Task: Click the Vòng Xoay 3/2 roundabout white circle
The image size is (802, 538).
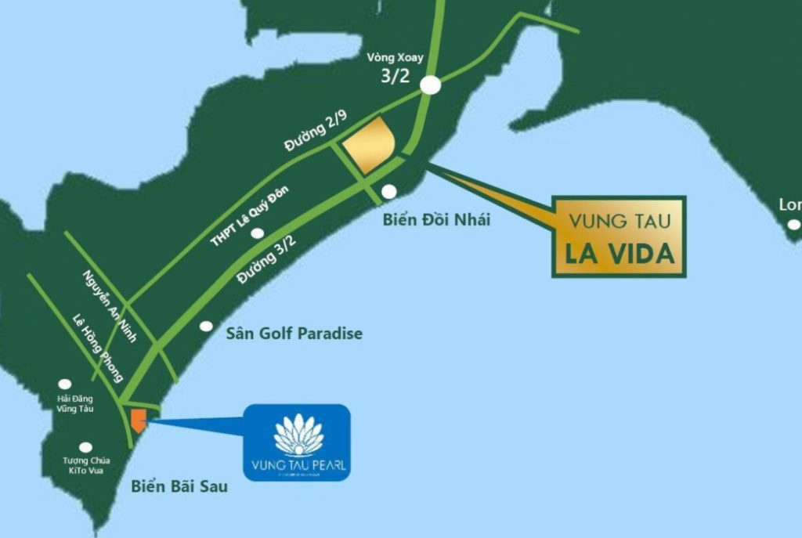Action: coord(430,85)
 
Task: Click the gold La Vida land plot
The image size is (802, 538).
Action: coord(370,146)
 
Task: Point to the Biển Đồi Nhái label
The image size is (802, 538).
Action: coord(436,219)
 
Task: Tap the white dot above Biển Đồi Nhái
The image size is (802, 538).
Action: coord(389,191)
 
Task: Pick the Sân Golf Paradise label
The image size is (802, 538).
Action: coord(294,334)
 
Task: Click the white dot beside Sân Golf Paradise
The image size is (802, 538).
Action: coord(206,326)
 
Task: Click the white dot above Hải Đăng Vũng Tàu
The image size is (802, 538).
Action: coord(65,385)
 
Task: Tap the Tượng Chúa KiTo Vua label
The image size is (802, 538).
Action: coord(86,465)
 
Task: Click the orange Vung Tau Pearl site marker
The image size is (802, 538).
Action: coord(138,421)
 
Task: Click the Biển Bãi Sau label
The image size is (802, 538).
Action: coord(179,486)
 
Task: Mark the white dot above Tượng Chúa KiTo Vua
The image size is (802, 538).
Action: coord(85,447)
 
